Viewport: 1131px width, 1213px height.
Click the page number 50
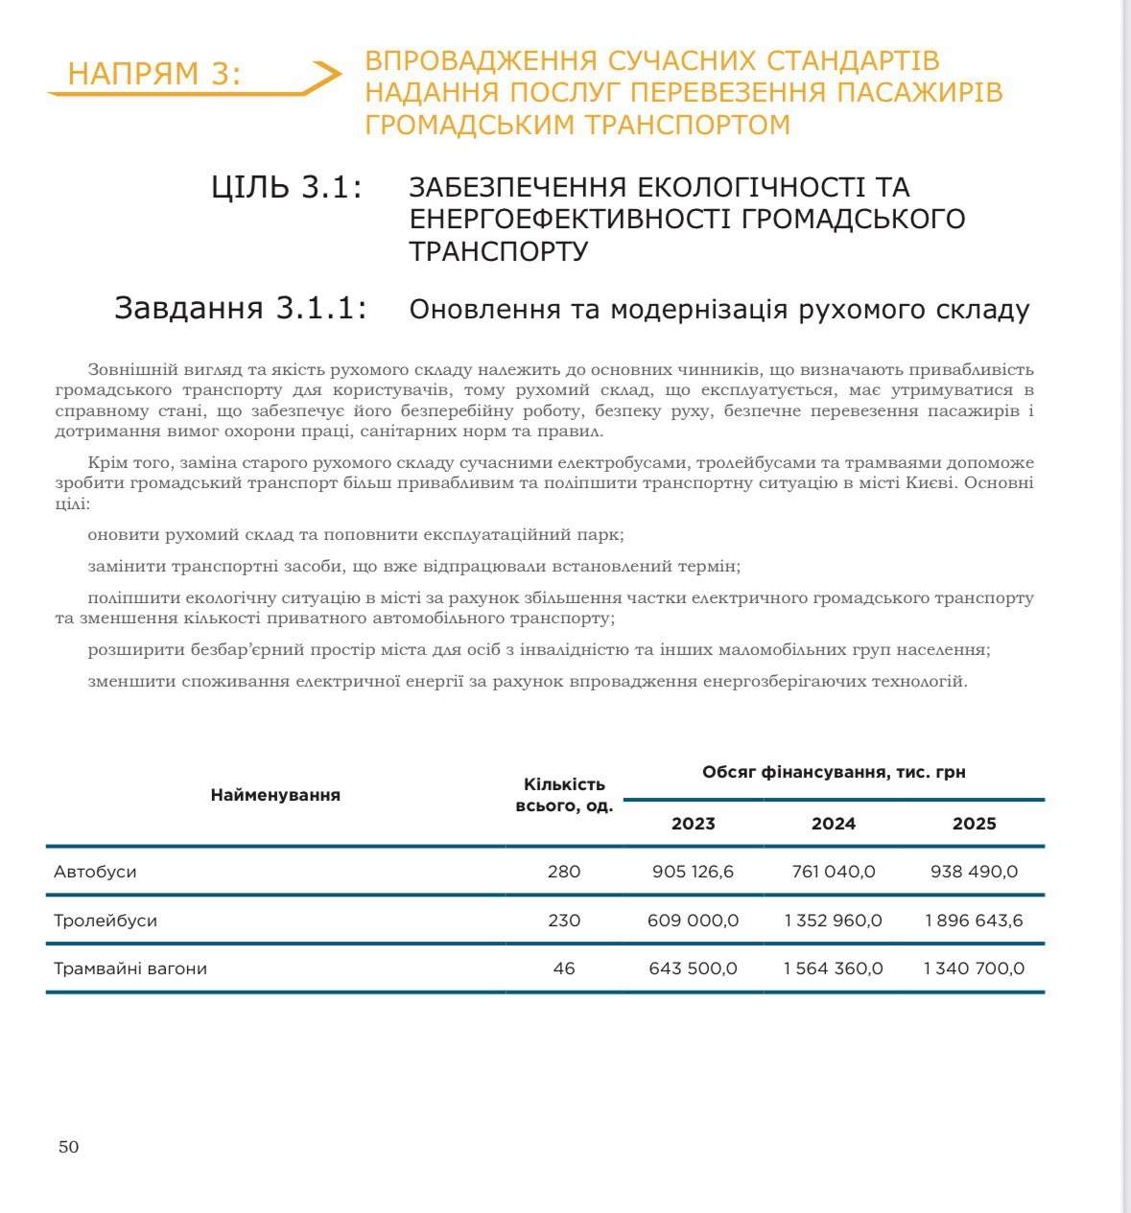(x=68, y=1147)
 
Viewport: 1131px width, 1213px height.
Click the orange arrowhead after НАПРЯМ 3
(x=327, y=75)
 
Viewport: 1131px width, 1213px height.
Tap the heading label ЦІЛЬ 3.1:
(x=287, y=187)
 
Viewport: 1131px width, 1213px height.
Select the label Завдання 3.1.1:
(x=241, y=308)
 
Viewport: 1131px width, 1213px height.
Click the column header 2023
(x=693, y=824)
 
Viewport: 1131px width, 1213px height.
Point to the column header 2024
(x=833, y=824)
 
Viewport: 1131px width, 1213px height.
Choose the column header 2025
(x=974, y=824)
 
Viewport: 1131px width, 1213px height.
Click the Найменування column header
(x=275, y=795)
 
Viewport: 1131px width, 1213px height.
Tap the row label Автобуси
(x=95, y=872)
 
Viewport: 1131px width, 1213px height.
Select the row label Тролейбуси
(x=106, y=921)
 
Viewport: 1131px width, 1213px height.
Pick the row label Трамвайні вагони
(x=130, y=968)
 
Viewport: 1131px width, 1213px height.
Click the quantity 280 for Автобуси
(x=564, y=872)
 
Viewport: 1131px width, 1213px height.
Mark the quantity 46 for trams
(x=564, y=968)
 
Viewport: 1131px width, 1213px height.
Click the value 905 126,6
(x=693, y=872)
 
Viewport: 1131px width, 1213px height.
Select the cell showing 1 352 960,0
(x=833, y=921)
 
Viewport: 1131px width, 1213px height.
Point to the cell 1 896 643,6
(x=974, y=921)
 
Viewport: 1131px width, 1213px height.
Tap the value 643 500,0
(x=693, y=968)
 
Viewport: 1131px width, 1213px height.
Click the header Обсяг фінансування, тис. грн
(x=834, y=772)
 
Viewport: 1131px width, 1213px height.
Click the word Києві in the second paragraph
(x=931, y=483)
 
